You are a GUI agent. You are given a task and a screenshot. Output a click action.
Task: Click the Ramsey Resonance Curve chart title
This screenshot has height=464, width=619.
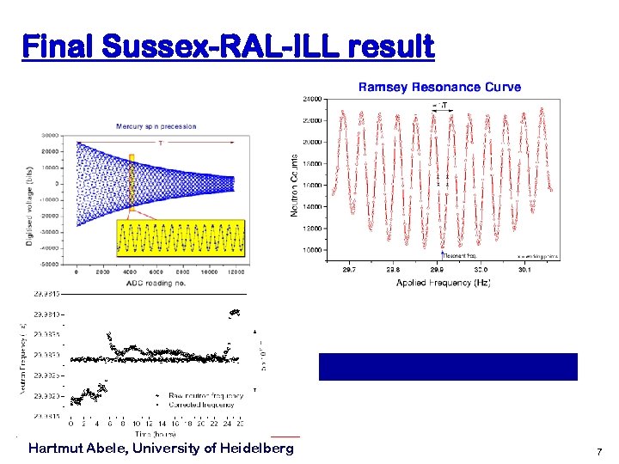438,87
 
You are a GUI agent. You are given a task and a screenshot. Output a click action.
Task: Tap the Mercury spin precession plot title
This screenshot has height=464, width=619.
156,126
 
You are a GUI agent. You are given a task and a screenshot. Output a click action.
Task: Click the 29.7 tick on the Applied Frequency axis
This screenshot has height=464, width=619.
349,269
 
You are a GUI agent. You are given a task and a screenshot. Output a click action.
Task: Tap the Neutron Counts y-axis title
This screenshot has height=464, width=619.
295,185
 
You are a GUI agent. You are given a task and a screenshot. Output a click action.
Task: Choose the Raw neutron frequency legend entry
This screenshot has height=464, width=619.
204,395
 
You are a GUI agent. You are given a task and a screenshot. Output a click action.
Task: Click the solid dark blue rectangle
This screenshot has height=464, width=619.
448,366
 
